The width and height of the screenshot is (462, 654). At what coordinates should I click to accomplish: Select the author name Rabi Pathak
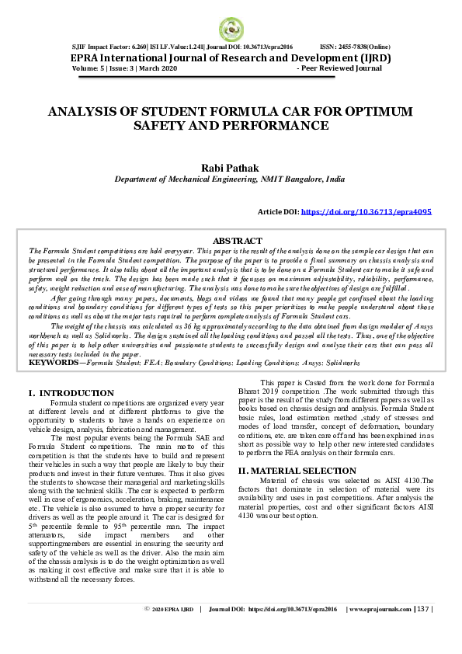tap(231, 168)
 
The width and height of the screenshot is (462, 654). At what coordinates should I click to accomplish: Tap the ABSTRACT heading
tap(238, 241)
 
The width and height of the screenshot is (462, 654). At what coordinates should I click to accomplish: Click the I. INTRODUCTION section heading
tap(71, 393)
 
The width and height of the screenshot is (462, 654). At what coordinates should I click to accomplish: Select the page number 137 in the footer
tap(422, 631)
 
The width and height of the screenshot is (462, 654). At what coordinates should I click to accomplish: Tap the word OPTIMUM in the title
tap(370, 112)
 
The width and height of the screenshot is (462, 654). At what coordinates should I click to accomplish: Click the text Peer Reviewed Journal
tap(341, 69)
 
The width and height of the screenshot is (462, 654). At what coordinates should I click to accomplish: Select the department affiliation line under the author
tap(230, 179)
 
